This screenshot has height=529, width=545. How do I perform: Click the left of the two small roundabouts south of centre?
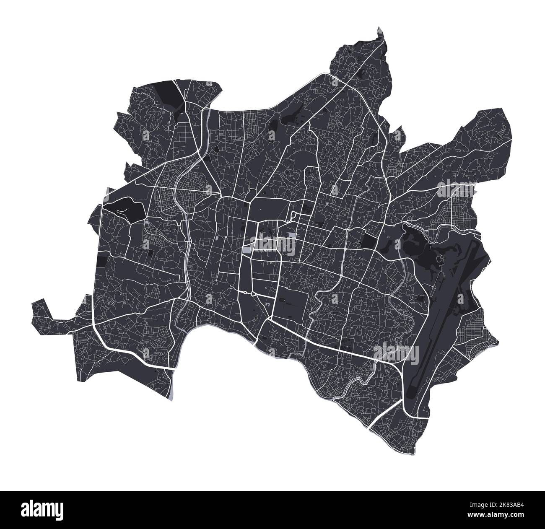244,292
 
